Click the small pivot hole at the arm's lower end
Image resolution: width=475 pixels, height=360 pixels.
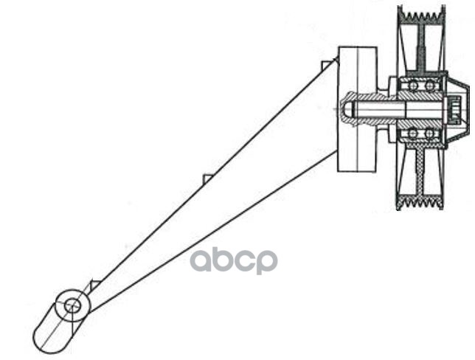point(72,304)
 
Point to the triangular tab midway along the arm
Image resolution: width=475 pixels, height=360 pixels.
point(208,179)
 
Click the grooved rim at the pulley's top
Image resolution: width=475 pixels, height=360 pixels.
point(420,15)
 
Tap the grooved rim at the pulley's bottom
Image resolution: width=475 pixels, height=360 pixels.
point(420,201)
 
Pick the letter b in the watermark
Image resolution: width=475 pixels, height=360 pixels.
point(225,259)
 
